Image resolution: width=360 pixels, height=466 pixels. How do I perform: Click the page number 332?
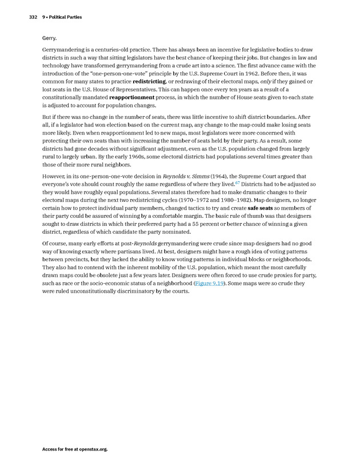coord(33,17)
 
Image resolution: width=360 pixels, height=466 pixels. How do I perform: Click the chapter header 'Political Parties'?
coord(65,17)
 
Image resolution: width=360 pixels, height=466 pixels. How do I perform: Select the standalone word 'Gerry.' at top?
coord(49,38)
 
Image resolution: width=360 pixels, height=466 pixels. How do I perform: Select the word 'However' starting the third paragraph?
coord(55,177)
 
